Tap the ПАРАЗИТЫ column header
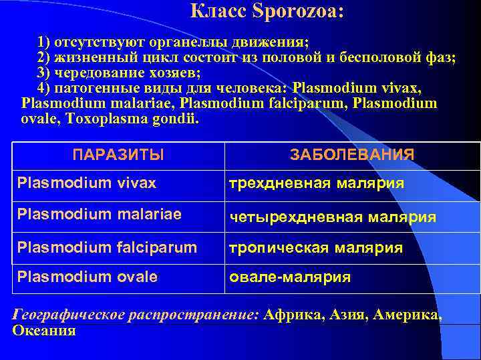pyautogui.click(x=118, y=155)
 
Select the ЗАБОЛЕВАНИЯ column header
pyautogui.click(x=352, y=155)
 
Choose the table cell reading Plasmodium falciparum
pyautogui.click(x=107, y=247)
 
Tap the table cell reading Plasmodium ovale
pyautogui.click(x=88, y=277)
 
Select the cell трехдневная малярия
pyautogui.click(x=317, y=183)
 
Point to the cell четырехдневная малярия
pyautogui.click(x=333, y=217)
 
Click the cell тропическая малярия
pyautogui.click(x=316, y=248)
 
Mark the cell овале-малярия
pyautogui.click(x=290, y=277)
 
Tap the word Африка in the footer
pyautogui.click(x=288, y=315)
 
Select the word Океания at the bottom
pyautogui.click(x=44, y=330)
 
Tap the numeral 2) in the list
pyautogui.click(x=45, y=57)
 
